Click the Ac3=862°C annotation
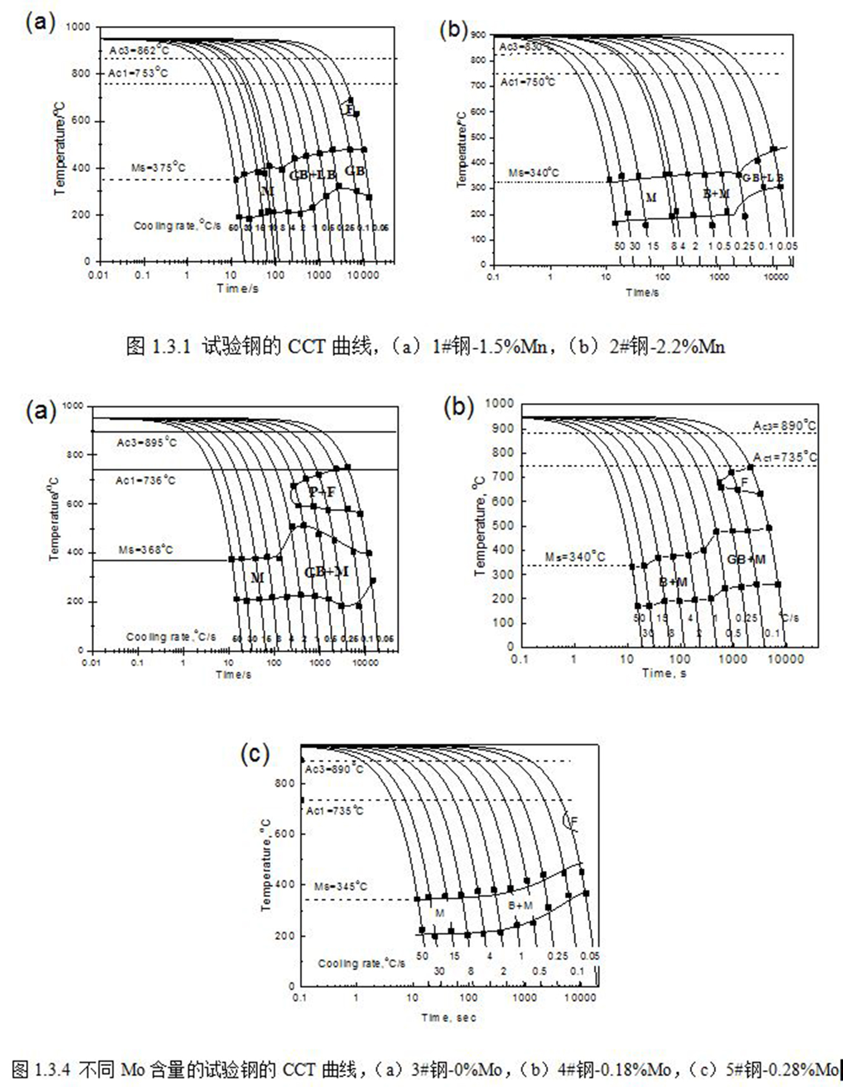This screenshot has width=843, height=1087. point(139,50)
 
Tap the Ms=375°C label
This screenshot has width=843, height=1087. point(158,168)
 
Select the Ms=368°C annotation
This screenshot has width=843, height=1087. point(145,550)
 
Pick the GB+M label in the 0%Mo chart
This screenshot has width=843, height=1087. point(326,572)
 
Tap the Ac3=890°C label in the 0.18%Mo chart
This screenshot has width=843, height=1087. point(784,426)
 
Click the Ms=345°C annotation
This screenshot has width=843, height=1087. point(340,886)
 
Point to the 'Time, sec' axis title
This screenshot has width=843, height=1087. point(449,1017)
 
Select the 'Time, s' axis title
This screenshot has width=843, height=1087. point(664,673)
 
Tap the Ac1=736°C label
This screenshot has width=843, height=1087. point(145,481)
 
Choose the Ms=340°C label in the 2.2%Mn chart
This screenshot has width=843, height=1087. point(534,173)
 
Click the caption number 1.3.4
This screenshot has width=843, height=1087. point(53,1069)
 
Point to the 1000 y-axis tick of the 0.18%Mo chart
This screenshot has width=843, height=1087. point(500,404)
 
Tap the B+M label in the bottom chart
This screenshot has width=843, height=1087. point(520,905)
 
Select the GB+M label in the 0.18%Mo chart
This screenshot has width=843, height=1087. point(746,559)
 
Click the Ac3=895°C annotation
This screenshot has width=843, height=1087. point(147,443)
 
